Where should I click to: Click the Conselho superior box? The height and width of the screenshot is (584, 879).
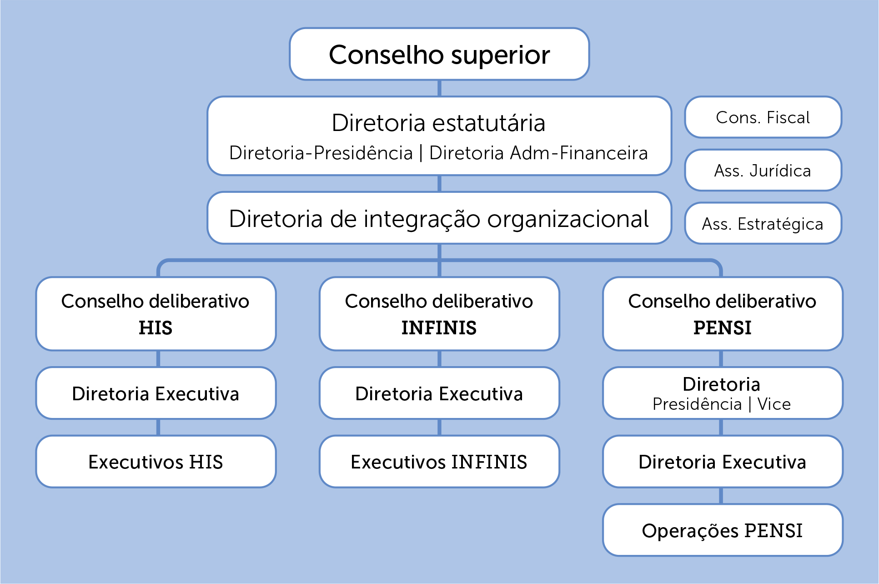[x=439, y=54]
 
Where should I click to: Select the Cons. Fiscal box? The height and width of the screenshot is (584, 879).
[x=763, y=117]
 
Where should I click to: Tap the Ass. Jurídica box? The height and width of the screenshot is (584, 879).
[x=763, y=170]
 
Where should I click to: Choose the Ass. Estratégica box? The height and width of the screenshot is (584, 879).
[x=763, y=223]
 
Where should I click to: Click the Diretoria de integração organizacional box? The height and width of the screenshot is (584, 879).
[x=439, y=218]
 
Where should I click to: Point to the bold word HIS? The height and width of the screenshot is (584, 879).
[x=156, y=327]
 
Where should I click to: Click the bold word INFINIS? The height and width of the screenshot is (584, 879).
[x=439, y=327]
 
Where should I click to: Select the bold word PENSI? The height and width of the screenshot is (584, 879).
[x=723, y=327]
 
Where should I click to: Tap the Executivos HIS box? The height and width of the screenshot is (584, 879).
[x=156, y=462]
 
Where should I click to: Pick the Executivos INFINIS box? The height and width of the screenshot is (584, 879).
[x=439, y=462]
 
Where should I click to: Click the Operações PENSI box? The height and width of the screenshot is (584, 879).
[x=723, y=530]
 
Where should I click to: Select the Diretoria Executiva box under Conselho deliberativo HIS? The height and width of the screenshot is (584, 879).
[x=156, y=393]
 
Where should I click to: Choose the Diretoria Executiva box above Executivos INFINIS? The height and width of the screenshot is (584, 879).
[x=439, y=393]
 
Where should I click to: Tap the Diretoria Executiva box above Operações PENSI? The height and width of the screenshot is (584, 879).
[x=723, y=462]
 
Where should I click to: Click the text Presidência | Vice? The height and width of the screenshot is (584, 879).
[x=722, y=404]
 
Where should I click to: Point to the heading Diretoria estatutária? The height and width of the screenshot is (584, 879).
[x=438, y=123]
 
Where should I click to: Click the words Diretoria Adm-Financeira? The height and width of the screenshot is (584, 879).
[x=538, y=153]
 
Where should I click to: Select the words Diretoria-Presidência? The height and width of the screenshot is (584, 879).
[x=321, y=153]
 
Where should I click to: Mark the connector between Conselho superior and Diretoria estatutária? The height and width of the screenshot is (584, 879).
[x=439, y=88]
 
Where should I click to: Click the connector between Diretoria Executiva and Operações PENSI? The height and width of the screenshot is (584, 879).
[x=721, y=496]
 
